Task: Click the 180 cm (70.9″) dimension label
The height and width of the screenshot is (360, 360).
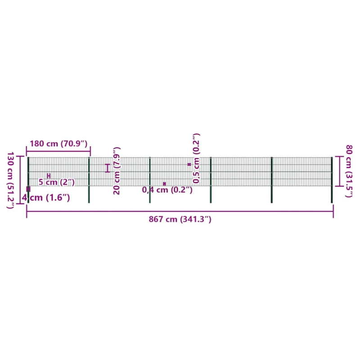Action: tap(58, 144)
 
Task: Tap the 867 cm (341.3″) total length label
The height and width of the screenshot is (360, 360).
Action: tap(180, 219)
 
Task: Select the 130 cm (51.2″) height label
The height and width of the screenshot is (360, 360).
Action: tap(10, 180)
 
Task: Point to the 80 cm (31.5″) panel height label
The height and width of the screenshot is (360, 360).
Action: tap(349, 171)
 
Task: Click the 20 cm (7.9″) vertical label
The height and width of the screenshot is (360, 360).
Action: tap(117, 171)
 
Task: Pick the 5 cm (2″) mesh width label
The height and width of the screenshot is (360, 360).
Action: tap(57, 182)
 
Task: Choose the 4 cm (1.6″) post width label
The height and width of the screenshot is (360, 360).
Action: tap(46, 198)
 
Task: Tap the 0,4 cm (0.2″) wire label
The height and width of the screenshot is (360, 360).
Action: tap(167, 190)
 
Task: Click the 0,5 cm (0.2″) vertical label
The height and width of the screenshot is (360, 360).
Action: tap(196, 158)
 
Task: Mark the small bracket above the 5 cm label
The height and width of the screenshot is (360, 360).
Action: tap(49, 176)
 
